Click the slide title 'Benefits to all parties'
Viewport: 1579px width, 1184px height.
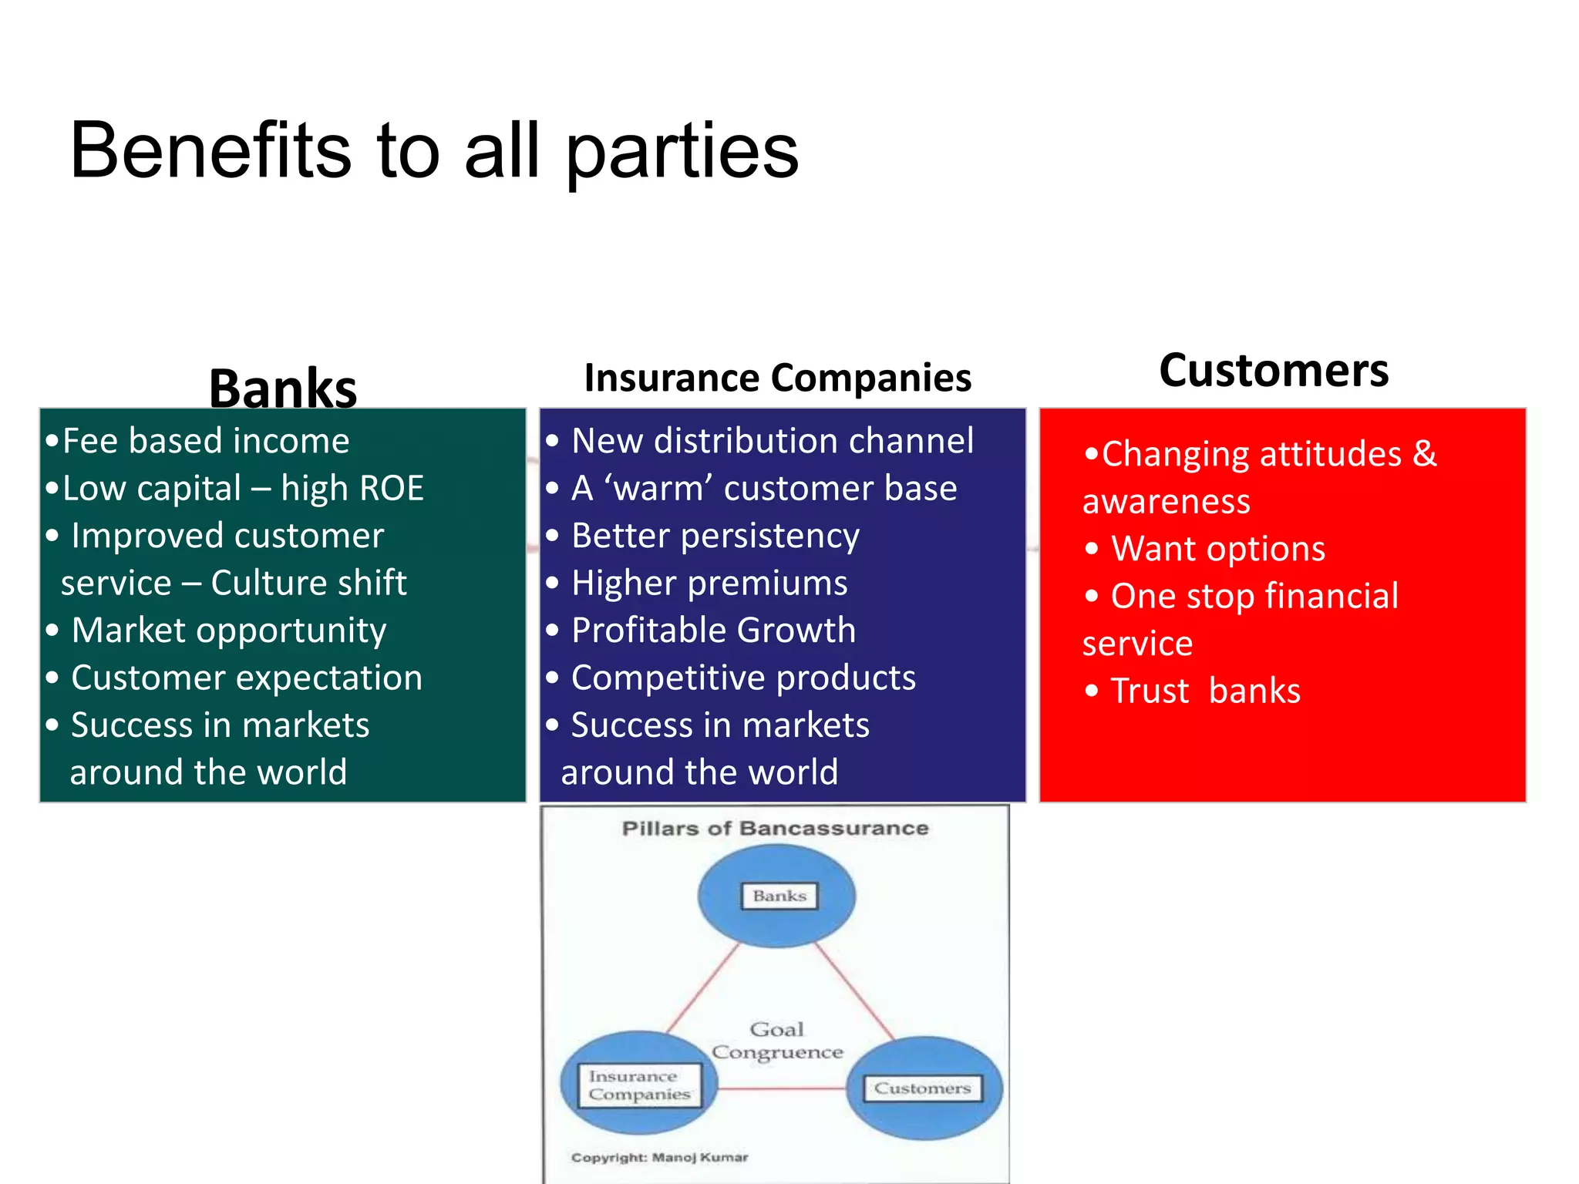(434, 151)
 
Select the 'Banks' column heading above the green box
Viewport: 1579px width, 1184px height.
(283, 388)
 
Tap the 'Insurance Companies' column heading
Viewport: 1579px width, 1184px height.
(777, 378)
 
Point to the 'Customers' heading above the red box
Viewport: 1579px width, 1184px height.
(1274, 370)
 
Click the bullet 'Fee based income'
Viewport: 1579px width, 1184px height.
(205, 441)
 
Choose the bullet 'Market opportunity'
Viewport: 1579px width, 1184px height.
(228, 631)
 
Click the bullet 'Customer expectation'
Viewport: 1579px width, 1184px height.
(246, 678)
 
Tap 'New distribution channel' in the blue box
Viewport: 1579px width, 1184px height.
(772, 441)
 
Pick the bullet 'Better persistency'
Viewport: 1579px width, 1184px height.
(715, 536)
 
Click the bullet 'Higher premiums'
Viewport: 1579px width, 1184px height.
(709, 584)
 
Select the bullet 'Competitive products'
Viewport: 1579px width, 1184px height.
(743, 678)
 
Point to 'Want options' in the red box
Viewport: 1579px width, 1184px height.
(1217, 549)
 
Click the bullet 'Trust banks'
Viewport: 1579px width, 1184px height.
(1205, 691)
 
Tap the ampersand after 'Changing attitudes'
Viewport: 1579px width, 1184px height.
(1425, 453)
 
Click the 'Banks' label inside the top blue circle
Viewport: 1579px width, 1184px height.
(779, 896)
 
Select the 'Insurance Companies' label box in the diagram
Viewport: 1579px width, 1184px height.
(639, 1085)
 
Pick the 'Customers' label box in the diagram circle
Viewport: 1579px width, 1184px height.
(921, 1088)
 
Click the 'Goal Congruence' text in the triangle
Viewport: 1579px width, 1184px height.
(777, 1041)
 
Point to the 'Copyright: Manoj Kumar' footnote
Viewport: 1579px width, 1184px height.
(659, 1157)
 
